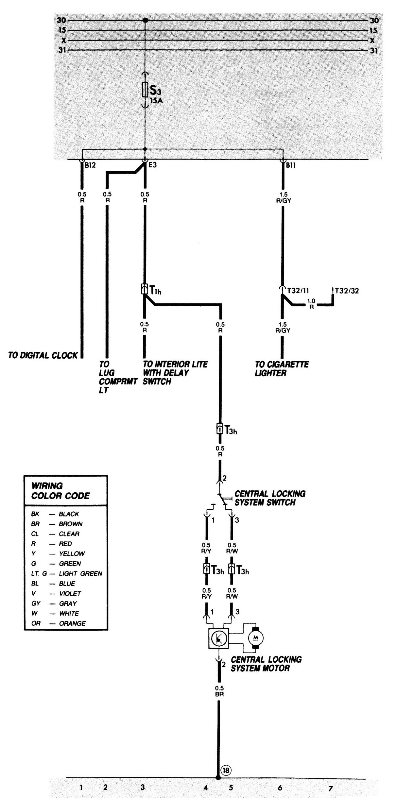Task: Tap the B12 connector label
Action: (90, 165)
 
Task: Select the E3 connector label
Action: (152, 165)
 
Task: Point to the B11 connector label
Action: (290, 165)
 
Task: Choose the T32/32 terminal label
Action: (347, 291)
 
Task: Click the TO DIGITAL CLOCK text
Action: (43, 355)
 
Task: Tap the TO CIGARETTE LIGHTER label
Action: (282, 369)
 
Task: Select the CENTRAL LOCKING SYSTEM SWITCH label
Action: (270, 498)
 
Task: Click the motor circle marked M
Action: (256, 637)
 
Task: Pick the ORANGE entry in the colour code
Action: (72, 623)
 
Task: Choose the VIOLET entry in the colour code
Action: (70, 593)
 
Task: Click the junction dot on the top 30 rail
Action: (145, 21)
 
